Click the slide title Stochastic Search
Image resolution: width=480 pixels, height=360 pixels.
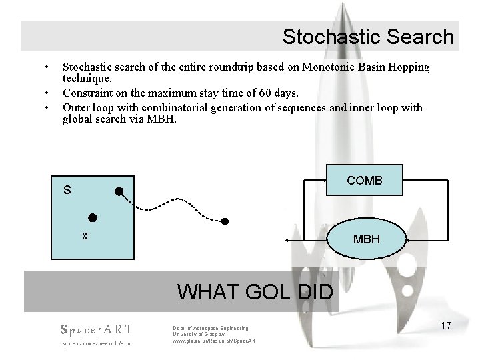coord(367,37)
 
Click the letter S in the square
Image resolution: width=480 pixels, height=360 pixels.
coord(67,190)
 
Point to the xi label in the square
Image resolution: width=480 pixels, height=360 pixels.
coord(85,235)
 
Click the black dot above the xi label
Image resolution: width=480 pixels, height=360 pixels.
coord(93,218)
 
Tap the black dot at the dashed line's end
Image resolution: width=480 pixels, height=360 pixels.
coord(225,221)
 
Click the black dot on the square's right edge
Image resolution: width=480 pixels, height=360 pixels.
coord(118,191)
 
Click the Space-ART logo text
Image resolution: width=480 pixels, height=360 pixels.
coord(96,329)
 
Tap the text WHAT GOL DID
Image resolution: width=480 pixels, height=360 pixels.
coord(257,292)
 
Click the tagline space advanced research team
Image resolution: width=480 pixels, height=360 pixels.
coord(96,343)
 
